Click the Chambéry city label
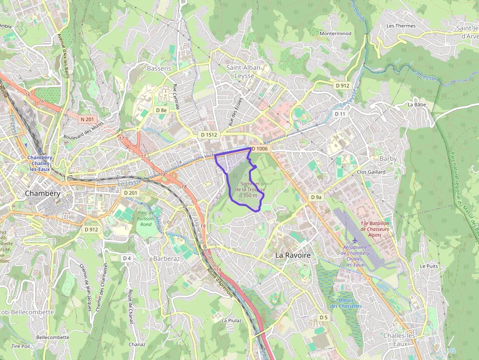(43, 193)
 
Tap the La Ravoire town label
(293, 255)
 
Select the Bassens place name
(159, 68)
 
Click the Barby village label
(388, 159)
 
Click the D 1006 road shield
(260, 148)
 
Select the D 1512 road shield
(209, 134)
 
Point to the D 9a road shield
(316, 197)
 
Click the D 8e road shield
(161, 110)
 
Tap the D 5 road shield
(324, 318)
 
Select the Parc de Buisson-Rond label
(146, 218)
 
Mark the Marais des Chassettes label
(346, 303)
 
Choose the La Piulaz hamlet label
(232, 320)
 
